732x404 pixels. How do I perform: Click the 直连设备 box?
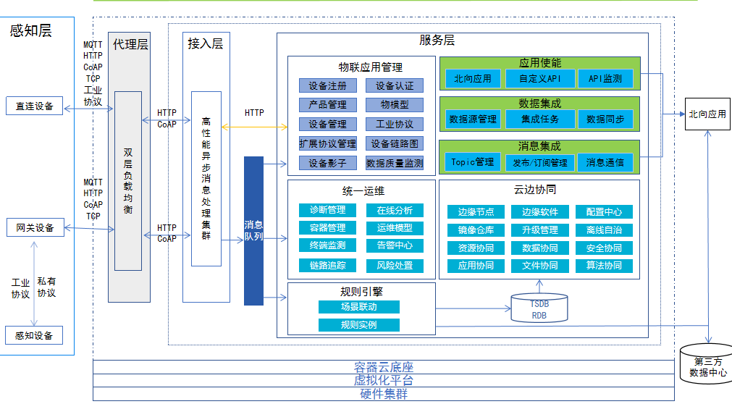point(35,106)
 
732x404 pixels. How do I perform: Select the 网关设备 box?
point(35,228)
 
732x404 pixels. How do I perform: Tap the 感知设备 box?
point(35,335)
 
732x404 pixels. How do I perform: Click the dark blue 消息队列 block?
point(253,230)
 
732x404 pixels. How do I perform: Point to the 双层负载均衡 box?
point(128,181)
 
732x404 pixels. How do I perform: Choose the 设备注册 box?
point(327,85)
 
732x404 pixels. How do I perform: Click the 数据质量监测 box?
point(395,163)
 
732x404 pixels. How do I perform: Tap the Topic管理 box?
point(472,162)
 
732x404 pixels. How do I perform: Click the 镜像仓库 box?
point(476,230)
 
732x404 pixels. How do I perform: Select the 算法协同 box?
point(604,266)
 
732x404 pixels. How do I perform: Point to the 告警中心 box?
point(395,245)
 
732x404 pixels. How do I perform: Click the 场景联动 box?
point(358,307)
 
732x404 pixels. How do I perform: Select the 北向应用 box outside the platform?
point(707,114)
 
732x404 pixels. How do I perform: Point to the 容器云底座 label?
point(384,367)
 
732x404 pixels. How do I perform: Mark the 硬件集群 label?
point(384,395)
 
